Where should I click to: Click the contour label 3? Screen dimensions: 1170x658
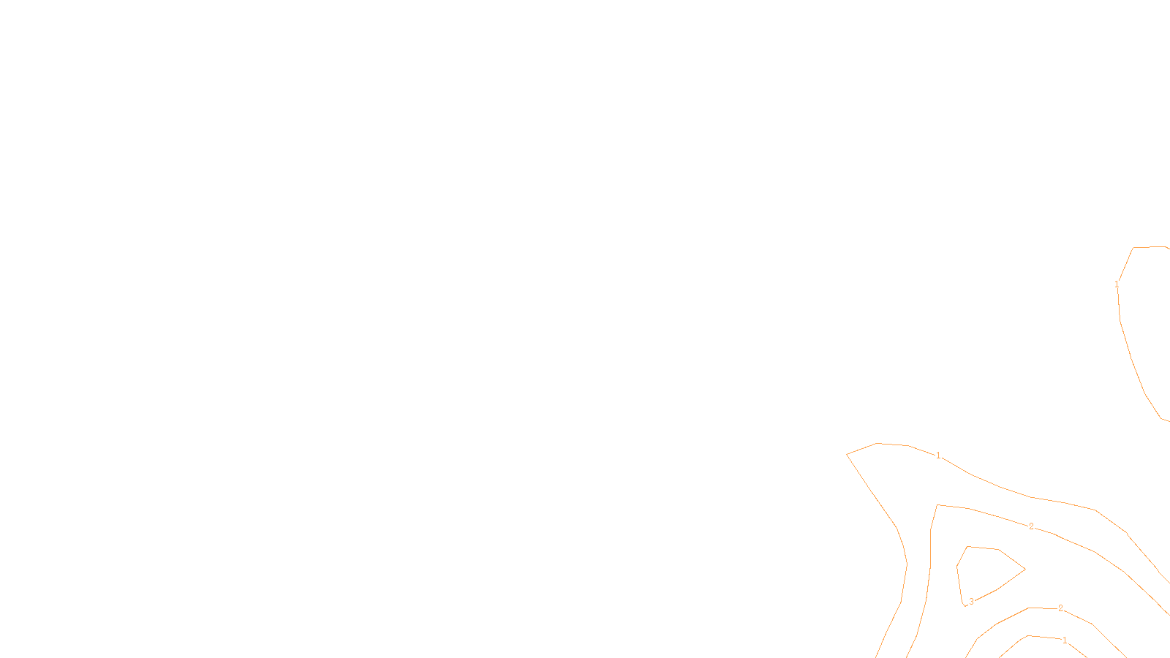971,602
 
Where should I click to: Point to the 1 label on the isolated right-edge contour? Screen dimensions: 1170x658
1117,284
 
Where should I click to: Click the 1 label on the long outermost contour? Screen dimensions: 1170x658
938,455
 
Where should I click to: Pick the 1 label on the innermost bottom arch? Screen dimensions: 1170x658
1065,640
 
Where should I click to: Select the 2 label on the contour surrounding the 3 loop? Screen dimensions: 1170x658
1031,526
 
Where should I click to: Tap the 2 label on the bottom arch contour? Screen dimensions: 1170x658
1060,608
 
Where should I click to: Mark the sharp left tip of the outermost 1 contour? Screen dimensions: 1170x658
848,455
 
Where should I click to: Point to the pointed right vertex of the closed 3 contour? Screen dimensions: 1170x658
1024,569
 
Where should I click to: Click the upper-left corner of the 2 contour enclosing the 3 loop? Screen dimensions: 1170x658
937,505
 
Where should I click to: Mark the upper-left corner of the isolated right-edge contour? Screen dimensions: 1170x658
1133,248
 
